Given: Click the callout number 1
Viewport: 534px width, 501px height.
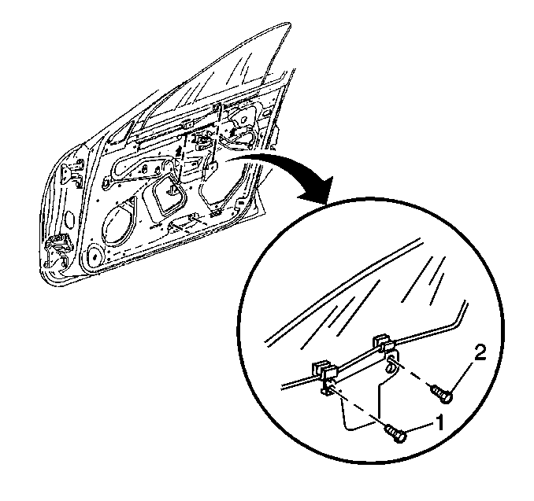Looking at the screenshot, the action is pos(439,423).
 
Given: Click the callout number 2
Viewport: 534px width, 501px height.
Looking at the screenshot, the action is pos(480,355).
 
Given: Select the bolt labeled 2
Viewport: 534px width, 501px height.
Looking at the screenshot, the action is pos(442,394).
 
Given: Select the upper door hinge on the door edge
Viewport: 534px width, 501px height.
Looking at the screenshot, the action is pos(72,174).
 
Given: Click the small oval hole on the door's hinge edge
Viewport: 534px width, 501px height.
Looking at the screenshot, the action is pos(70,219).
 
